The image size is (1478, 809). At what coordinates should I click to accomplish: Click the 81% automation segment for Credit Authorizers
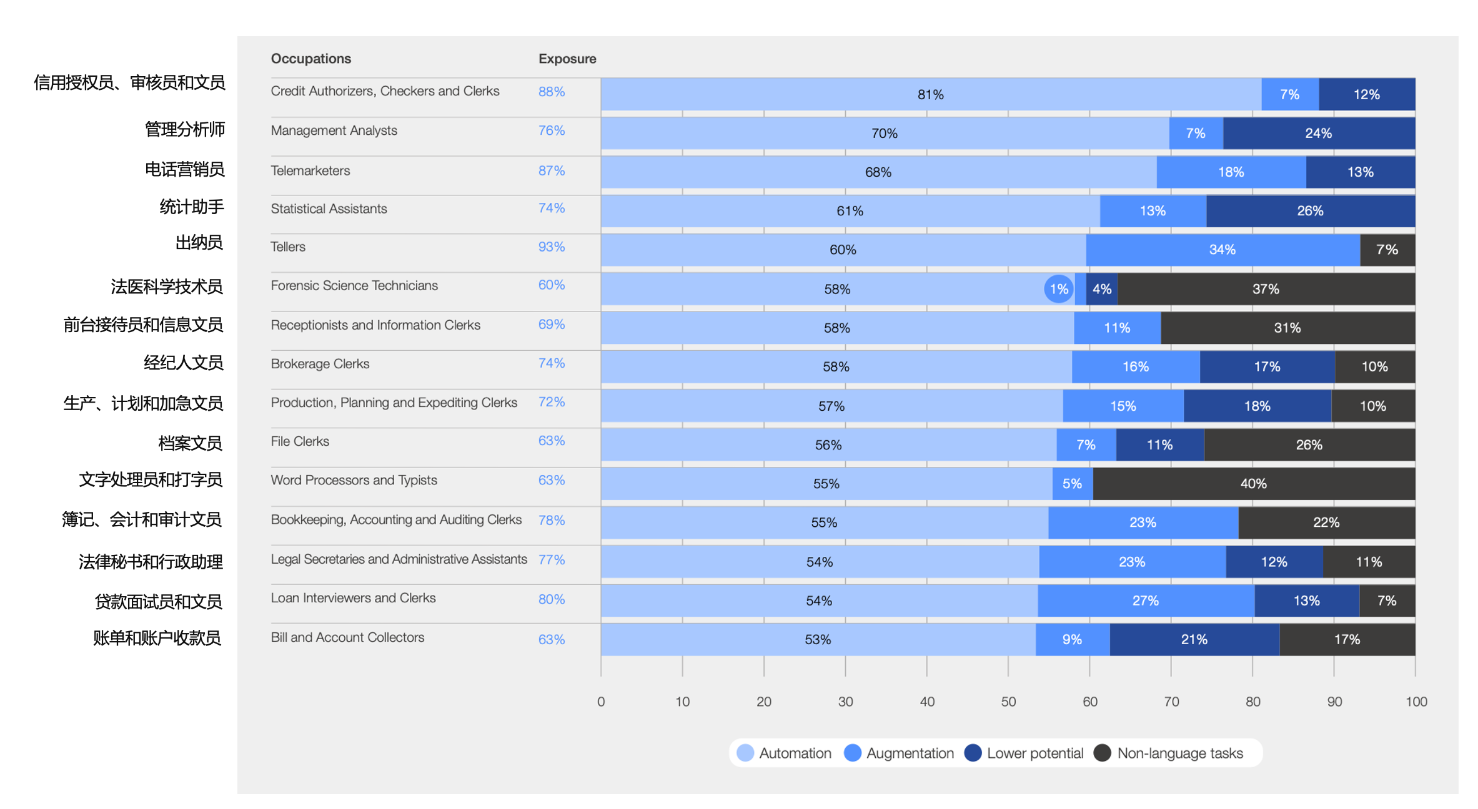pyautogui.click(x=930, y=94)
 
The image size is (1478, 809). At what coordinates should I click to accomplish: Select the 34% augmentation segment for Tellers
pyautogui.click(x=1222, y=250)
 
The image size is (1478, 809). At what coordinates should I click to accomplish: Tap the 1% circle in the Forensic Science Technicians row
pyautogui.click(x=1059, y=289)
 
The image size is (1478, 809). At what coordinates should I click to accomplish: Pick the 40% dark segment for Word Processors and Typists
pyautogui.click(x=1253, y=484)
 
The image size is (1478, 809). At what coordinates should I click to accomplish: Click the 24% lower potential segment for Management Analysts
pyautogui.click(x=1318, y=133)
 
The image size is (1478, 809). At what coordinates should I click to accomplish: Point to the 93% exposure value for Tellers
pyautogui.click(x=552, y=247)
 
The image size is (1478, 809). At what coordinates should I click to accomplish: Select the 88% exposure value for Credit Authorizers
pyautogui.click(x=552, y=92)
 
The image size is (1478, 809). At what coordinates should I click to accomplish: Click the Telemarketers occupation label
pyautogui.click(x=310, y=170)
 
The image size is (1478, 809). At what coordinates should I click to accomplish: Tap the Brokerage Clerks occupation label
pyautogui.click(x=320, y=364)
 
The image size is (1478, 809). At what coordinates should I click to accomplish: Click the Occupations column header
pyautogui.click(x=310, y=59)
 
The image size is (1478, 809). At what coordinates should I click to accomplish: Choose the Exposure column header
pyautogui.click(x=567, y=59)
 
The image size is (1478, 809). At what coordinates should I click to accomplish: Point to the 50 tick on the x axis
pyautogui.click(x=1008, y=702)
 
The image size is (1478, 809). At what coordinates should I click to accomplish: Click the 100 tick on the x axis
pyautogui.click(x=1416, y=702)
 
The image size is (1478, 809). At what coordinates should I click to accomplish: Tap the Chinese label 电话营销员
pyautogui.click(x=184, y=169)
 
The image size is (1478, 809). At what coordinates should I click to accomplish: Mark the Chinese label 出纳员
pyautogui.click(x=199, y=242)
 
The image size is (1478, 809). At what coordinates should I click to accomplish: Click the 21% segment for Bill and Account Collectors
pyautogui.click(x=1194, y=639)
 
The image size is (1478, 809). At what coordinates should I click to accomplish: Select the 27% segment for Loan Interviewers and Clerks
pyautogui.click(x=1145, y=601)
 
